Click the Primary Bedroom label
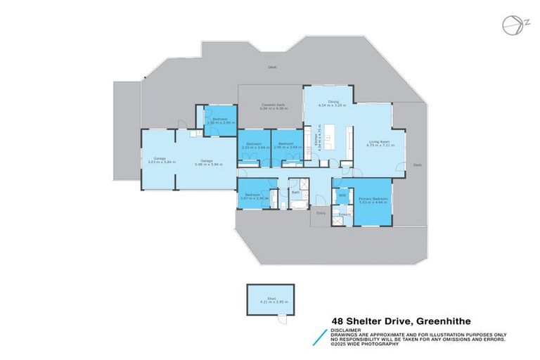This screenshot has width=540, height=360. tap(373, 200)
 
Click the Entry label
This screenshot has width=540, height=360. tap(321, 212)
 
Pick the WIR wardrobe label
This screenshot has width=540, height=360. tap(342, 195)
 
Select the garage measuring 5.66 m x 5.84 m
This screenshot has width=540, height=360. tap(206, 162)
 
